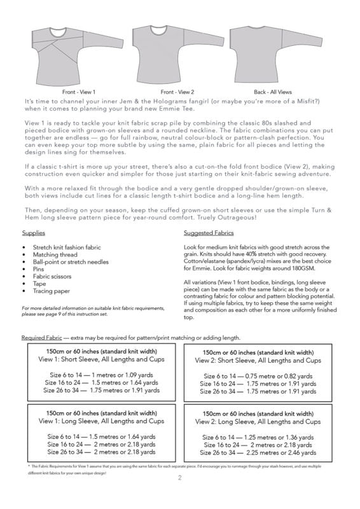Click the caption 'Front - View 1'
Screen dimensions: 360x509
[79, 92]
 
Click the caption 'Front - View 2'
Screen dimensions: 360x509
[177, 92]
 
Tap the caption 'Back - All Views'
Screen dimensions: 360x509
[273, 92]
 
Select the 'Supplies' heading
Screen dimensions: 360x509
[34, 233]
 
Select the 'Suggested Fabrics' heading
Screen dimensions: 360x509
[209, 233]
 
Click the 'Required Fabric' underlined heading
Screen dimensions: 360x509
[41, 338]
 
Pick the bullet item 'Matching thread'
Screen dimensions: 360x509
[55, 254]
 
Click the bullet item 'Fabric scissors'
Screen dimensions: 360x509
[52, 276]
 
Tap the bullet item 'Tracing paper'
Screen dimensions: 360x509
[52, 291]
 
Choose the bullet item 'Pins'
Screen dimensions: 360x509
[38, 269]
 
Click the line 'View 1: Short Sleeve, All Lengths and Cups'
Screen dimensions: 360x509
[101, 359]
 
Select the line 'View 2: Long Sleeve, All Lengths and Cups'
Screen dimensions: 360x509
[258, 422]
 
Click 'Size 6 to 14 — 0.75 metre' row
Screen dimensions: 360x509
[258, 376]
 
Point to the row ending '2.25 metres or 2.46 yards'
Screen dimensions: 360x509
[258, 452]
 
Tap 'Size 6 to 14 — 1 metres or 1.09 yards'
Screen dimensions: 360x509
[101, 375]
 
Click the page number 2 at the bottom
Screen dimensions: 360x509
[180, 478]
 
